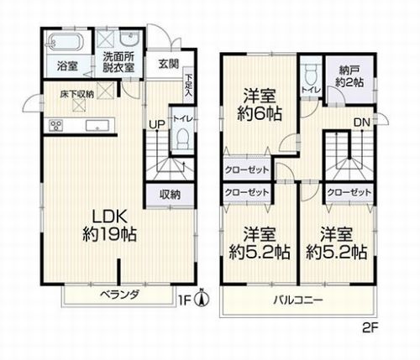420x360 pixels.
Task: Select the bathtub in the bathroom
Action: [62, 42]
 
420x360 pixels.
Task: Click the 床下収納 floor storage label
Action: [76, 95]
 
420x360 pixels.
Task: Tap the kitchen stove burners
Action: [56, 127]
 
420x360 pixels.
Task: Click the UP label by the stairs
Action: [156, 126]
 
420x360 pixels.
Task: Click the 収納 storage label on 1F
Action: [170, 195]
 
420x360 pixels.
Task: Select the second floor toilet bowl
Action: [312, 70]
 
